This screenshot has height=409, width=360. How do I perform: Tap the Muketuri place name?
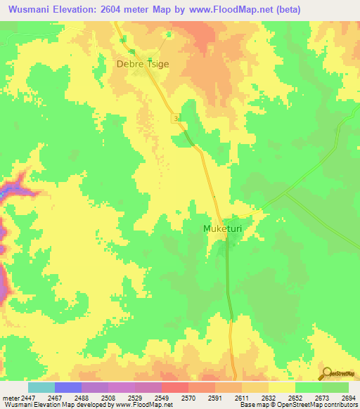224,228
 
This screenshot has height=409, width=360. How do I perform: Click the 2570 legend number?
189,398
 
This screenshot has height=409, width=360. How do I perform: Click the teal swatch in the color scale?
41,387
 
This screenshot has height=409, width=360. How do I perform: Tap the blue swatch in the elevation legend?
68,387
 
